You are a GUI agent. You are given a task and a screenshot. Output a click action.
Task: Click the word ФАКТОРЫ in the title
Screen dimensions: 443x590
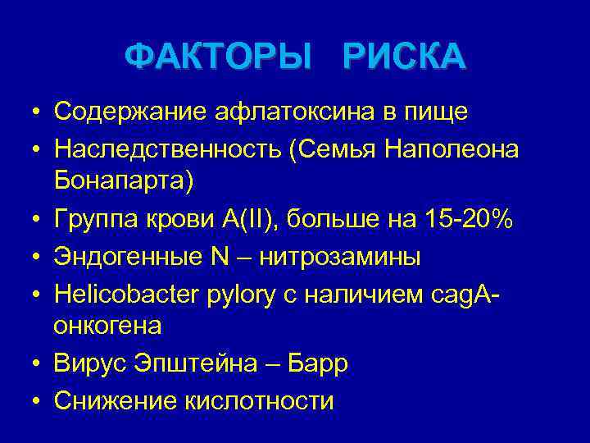219,57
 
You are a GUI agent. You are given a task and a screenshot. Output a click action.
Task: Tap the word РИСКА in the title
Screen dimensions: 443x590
404,57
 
